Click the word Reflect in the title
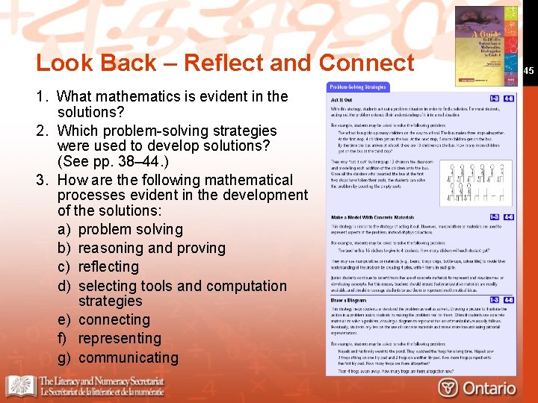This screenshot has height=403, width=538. pyautogui.click(x=226, y=63)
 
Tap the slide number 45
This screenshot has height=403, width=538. pyautogui.click(x=528, y=71)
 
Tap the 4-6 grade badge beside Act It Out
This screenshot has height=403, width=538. pyautogui.click(x=508, y=98)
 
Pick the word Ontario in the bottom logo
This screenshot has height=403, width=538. pyautogui.click(x=489, y=387)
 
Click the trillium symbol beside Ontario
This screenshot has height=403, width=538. pyautogui.click(x=448, y=387)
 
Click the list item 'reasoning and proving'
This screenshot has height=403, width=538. pyautogui.click(x=151, y=248)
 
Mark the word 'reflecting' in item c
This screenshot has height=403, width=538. pyautogui.click(x=108, y=266)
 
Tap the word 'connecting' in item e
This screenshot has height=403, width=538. pyautogui.click(x=114, y=319)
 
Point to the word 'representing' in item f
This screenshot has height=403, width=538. pyautogui.click(x=119, y=338)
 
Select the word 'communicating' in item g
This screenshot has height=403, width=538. pyautogui.click(x=128, y=357)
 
